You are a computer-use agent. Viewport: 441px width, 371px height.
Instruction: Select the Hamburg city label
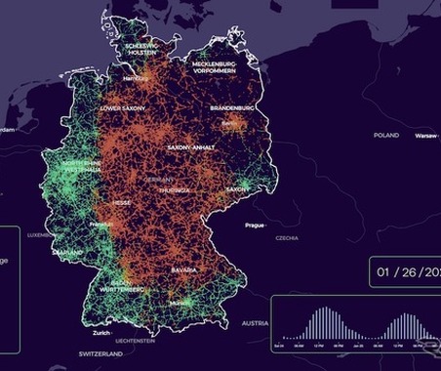[136, 77]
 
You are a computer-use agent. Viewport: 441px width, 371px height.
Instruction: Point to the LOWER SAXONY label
[124, 108]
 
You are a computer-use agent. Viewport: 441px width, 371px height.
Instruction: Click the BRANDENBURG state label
[232, 107]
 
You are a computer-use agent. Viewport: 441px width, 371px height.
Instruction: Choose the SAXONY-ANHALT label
[192, 146]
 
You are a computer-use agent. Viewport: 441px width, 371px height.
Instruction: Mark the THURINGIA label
[177, 190]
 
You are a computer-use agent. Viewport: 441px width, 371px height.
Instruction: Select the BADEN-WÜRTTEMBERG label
[122, 286]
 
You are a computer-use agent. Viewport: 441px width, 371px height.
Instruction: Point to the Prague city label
[256, 226]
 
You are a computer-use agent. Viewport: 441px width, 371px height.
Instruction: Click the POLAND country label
[386, 136]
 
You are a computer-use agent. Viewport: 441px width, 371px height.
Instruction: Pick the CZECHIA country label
[287, 237]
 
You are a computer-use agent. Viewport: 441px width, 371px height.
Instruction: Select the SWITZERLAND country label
[101, 352]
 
